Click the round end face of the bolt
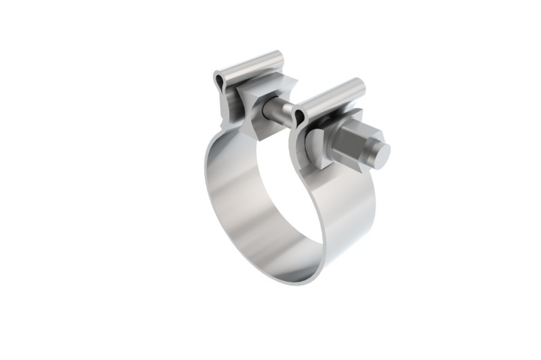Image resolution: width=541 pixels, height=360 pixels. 382,155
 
